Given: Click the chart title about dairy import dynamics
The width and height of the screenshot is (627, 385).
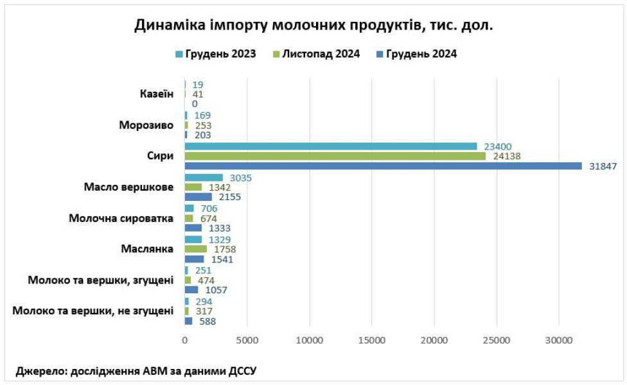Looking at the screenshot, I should (x=313, y=26).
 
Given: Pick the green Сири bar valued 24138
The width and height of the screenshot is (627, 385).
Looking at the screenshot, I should (x=335, y=156).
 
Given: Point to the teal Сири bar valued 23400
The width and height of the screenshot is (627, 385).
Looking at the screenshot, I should (x=331, y=146).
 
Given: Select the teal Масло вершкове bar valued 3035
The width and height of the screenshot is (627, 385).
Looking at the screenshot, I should (x=204, y=177).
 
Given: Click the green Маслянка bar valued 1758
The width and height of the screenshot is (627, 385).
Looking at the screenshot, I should (x=195, y=249).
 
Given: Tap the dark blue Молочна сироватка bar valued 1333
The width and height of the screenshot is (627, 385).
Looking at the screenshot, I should (x=193, y=228).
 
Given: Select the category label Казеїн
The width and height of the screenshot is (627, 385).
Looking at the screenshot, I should (x=157, y=94).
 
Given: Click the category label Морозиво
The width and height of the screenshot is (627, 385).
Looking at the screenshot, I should (x=146, y=124).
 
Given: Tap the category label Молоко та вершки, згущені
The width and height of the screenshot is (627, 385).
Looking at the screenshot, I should (x=101, y=280).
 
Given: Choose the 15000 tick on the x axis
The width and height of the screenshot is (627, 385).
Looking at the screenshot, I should (x=371, y=340).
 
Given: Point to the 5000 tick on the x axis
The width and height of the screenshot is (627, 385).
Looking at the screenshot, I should (x=247, y=340).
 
